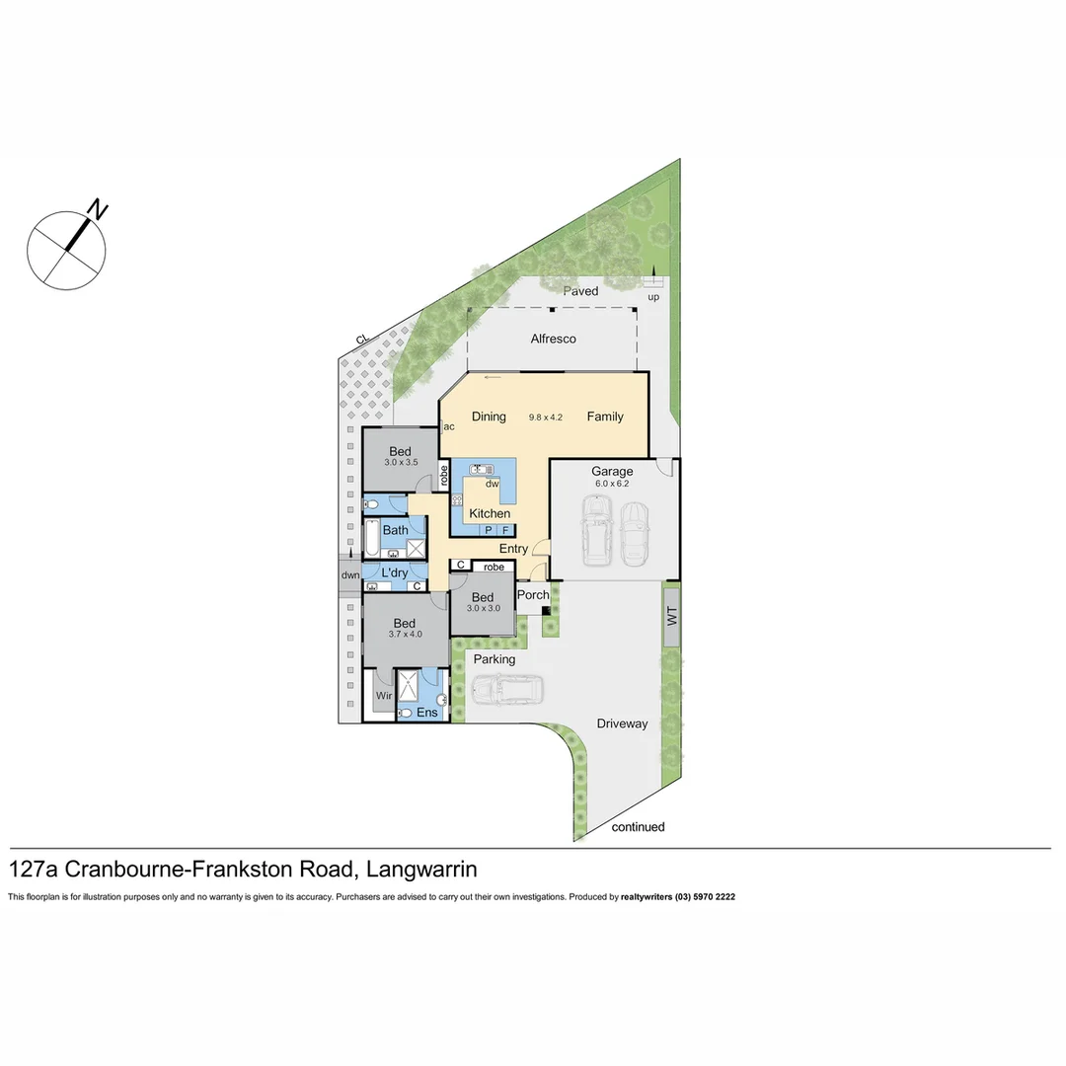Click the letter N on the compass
click(x=99, y=209)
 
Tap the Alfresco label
click(x=553, y=340)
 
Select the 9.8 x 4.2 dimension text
click(x=545, y=418)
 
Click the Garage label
click(x=612, y=472)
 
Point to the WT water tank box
click(x=672, y=616)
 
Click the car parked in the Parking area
click(x=506, y=689)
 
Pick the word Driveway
click(x=622, y=723)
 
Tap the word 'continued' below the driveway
click(x=638, y=827)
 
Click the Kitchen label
click(x=490, y=513)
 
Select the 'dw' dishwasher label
click(x=493, y=484)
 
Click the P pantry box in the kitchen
click(x=488, y=530)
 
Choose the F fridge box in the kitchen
click(x=505, y=530)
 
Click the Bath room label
click(x=395, y=530)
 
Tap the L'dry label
click(x=394, y=572)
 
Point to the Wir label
click(x=384, y=695)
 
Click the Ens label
click(x=426, y=713)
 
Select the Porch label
click(x=533, y=595)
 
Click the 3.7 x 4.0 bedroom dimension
click(x=405, y=635)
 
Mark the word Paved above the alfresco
click(x=580, y=291)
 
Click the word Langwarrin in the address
click(x=421, y=870)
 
